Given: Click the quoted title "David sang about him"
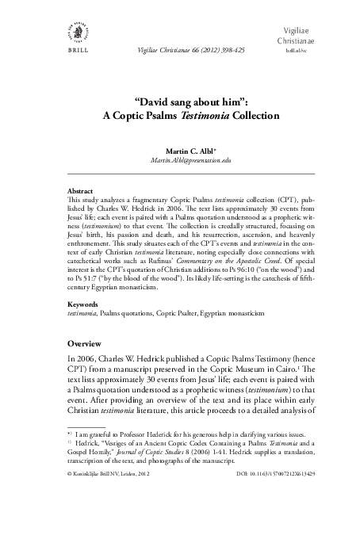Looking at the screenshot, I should [180, 102].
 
